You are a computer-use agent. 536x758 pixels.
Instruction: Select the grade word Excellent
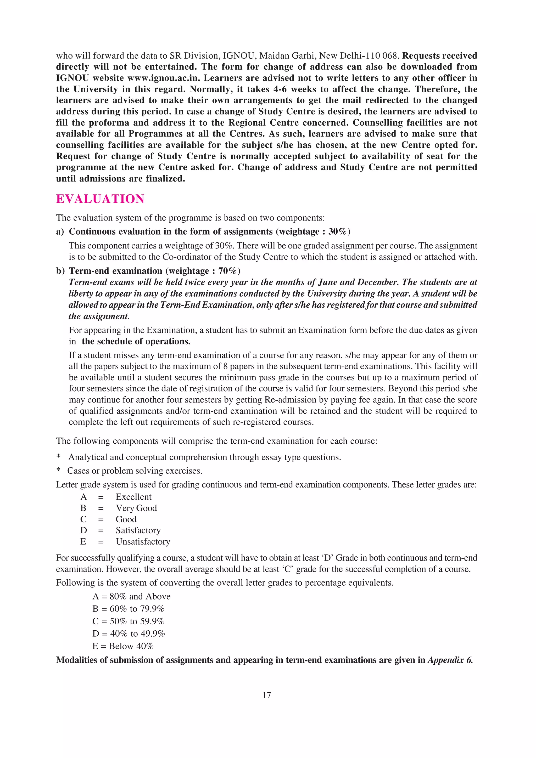click(133, 497)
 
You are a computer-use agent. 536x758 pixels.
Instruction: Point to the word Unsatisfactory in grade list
click(143, 541)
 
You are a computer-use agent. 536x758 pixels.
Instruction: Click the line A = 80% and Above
click(131, 596)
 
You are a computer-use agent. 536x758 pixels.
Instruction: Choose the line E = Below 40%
click(123, 646)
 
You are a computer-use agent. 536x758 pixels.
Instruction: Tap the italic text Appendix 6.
click(450, 660)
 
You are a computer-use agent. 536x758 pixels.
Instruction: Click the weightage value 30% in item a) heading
click(337, 231)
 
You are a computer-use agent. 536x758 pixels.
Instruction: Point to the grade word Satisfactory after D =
click(138, 530)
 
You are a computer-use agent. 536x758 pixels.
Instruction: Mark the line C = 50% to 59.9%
click(128, 621)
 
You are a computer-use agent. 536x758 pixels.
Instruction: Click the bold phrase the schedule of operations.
click(136, 341)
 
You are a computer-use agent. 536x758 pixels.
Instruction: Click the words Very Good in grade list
click(136, 508)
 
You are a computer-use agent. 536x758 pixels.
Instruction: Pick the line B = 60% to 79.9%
click(128, 608)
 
